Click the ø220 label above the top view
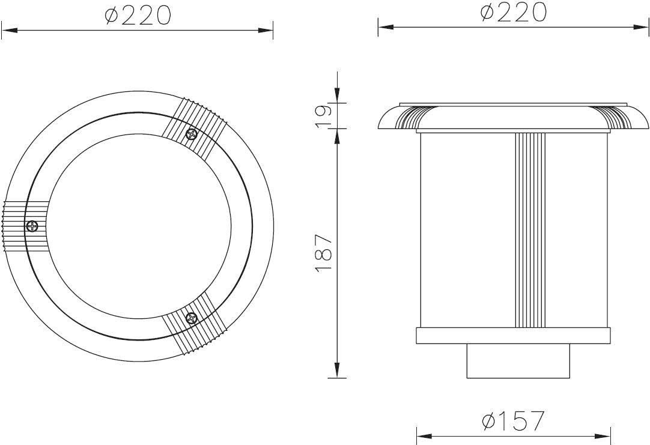138,16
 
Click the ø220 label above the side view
514,12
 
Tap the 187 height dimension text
324,253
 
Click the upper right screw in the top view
192,134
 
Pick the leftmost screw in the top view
32,226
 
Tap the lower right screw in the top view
192,318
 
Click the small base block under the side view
518,361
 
